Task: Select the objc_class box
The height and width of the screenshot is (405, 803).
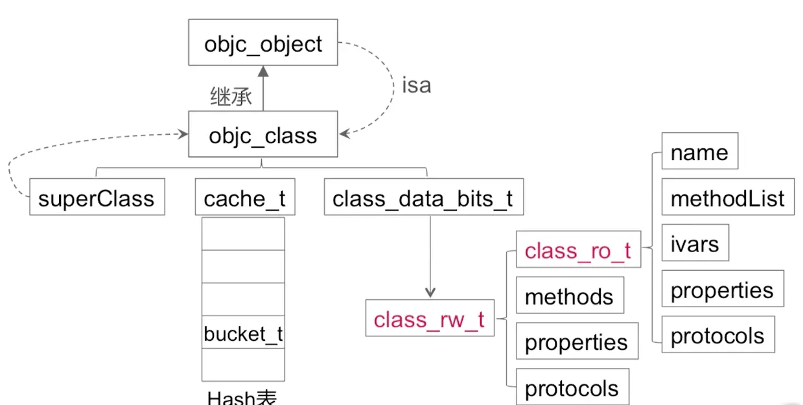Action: pyautogui.click(x=262, y=134)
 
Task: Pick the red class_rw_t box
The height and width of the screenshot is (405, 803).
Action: pyautogui.click(x=429, y=318)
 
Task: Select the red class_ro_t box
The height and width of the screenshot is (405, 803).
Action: pyautogui.click(x=577, y=250)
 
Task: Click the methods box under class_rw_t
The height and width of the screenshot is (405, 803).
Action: pyautogui.click(x=569, y=295)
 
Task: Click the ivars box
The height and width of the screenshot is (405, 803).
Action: pyautogui.click(x=695, y=243)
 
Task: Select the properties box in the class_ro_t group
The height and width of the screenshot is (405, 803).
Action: pyautogui.click(x=722, y=289)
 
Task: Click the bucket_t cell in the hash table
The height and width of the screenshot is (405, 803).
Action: pyautogui.click(x=243, y=333)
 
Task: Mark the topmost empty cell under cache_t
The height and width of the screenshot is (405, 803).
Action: pyautogui.click(x=243, y=234)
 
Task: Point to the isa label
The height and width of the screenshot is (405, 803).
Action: pyautogui.click(x=416, y=86)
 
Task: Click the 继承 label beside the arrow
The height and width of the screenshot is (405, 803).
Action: pyautogui.click(x=231, y=97)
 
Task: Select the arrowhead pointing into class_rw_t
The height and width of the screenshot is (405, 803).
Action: pyautogui.click(x=430, y=293)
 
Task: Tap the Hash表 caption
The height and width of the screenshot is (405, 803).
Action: pyautogui.click(x=242, y=397)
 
